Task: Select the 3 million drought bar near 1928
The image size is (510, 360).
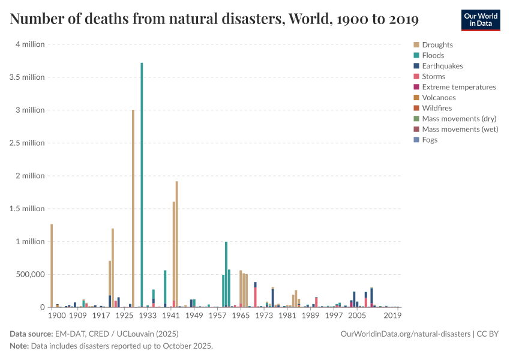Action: (x=133, y=210)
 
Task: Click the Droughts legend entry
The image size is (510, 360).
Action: (x=437, y=45)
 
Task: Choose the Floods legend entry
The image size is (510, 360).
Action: (x=433, y=55)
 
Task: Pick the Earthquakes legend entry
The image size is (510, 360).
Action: (x=442, y=66)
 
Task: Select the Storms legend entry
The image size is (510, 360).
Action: (x=433, y=77)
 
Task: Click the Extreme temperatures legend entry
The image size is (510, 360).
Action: (x=458, y=87)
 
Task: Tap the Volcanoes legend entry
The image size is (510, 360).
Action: (x=439, y=98)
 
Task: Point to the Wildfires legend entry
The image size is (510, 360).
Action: (x=437, y=108)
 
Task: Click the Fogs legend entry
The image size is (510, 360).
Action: (x=430, y=140)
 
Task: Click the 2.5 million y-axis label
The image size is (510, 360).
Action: (x=25, y=143)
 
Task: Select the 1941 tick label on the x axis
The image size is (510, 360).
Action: (x=171, y=315)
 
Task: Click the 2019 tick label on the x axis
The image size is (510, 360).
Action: (x=392, y=315)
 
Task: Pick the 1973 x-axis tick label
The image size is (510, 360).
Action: (x=264, y=315)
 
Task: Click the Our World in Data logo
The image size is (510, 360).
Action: (x=480, y=20)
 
